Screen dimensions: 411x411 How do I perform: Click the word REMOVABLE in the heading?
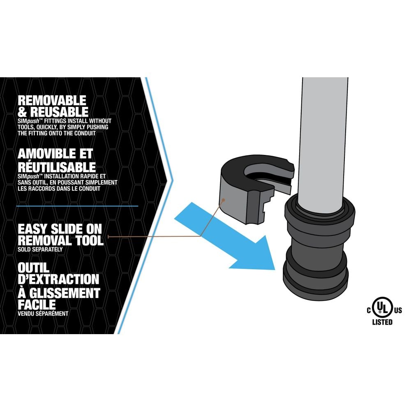(52, 100)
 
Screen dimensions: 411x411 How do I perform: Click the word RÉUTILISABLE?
(57, 167)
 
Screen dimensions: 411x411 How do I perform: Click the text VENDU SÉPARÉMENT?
(43, 314)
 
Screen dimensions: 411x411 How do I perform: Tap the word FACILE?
(37, 305)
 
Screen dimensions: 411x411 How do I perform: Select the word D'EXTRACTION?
(58, 279)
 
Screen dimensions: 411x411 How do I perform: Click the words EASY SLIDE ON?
(59, 229)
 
